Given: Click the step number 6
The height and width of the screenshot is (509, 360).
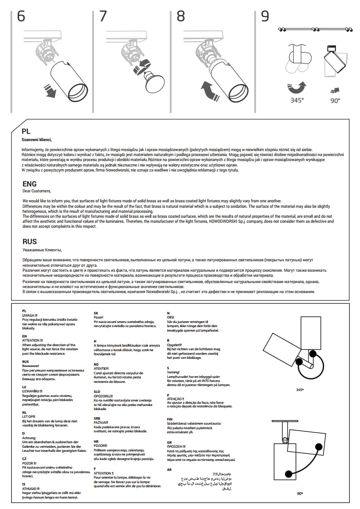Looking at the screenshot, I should tap(21, 16).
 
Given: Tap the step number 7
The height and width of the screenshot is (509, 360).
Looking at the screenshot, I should tap(103, 16).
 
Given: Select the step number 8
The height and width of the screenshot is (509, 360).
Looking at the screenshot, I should tap(181, 16).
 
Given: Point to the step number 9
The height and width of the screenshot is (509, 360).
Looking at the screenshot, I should tap(265, 16).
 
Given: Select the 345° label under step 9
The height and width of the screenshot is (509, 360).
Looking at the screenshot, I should tap(297, 101).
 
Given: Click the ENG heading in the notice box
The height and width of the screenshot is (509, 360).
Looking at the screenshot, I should tap(30, 184).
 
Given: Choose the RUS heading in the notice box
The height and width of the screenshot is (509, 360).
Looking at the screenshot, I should tap(30, 242).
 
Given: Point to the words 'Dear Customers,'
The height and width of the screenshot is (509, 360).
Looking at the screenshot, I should tap(37, 191).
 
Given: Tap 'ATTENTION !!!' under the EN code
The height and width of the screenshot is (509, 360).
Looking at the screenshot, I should tap(32, 340).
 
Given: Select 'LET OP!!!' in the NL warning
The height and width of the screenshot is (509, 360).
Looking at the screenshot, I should tap(29, 416).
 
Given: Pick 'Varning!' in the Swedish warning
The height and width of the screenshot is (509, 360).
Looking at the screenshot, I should tap(173, 372).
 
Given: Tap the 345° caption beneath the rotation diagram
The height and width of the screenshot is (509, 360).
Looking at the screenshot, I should tap(300, 390).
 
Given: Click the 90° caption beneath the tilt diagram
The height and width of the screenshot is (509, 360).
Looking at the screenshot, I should tap(300, 493).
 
